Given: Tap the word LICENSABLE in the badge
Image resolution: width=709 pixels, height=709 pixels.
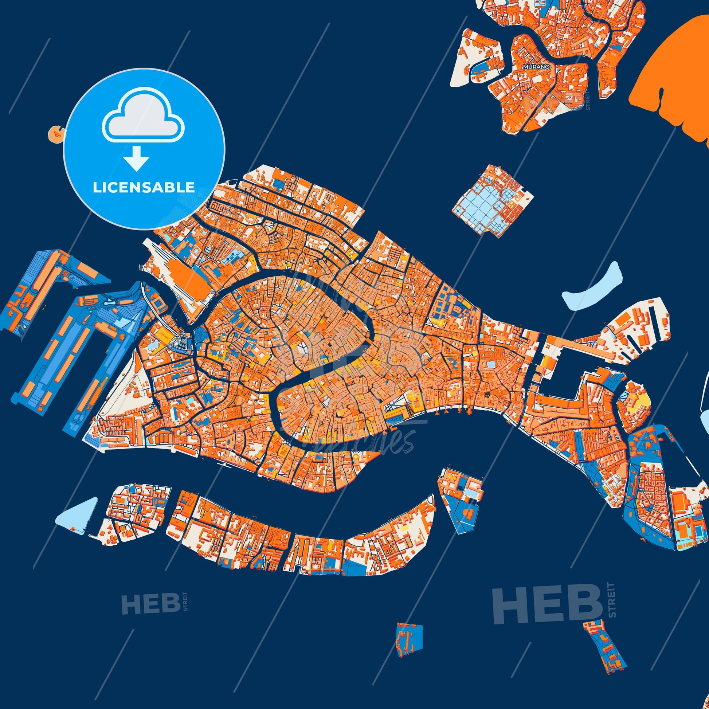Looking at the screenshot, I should [144, 188].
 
